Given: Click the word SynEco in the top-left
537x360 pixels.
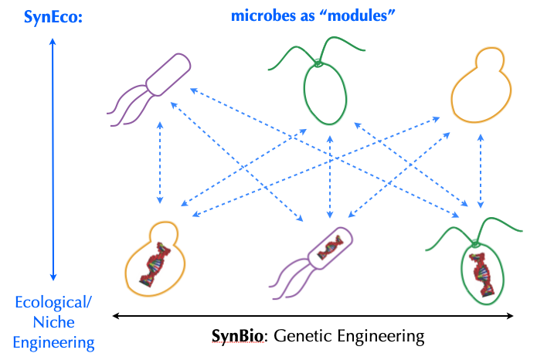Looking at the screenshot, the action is tap(51, 17).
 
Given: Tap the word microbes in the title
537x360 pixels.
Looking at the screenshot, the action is tap(258, 15).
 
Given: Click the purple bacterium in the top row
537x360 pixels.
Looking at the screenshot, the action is tap(168, 75).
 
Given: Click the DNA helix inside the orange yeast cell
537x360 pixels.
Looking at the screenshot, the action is tap(155, 264).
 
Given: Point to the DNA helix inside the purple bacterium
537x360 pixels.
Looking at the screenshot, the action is tap(330, 247).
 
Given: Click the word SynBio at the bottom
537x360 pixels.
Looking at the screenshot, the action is tap(238, 335).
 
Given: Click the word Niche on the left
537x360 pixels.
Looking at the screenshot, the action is tap(54, 322).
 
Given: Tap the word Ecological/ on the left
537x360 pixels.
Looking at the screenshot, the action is tap(53, 303).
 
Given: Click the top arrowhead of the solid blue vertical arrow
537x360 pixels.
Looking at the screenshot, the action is tap(53, 41).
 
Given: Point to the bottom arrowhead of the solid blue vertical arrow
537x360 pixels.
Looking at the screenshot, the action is tap(53, 277).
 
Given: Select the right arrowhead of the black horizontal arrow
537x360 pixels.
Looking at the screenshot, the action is tap(510, 316).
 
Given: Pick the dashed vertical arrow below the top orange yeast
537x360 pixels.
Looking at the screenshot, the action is tap(481, 171).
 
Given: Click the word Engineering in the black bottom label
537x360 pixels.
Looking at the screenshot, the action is tap(380, 336).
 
